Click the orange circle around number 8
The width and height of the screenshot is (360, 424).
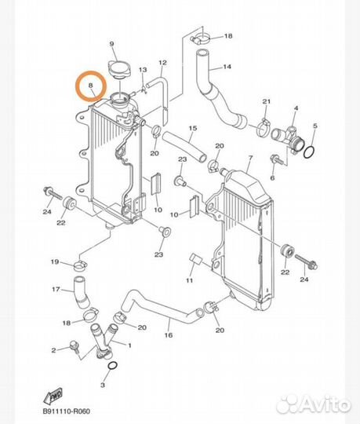click(x=76, y=86)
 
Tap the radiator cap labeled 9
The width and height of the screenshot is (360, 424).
click(x=119, y=70)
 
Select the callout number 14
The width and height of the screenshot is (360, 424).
click(x=227, y=67)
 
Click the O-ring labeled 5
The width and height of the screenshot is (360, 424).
click(x=309, y=152)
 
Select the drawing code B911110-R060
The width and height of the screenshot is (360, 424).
click(x=66, y=411)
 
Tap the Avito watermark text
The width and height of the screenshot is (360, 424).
click(x=313, y=404)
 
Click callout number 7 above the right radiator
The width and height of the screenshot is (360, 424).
click(x=250, y=158)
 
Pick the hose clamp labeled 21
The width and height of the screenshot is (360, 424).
click(x=264, y=129)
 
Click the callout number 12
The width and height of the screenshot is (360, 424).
click(x=162, y=63)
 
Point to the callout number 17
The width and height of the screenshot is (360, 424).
click(x=56, y=289)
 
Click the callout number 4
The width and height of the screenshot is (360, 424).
click(x=296, y=108)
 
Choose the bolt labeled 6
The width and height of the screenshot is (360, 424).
click(x=277, y=159)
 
